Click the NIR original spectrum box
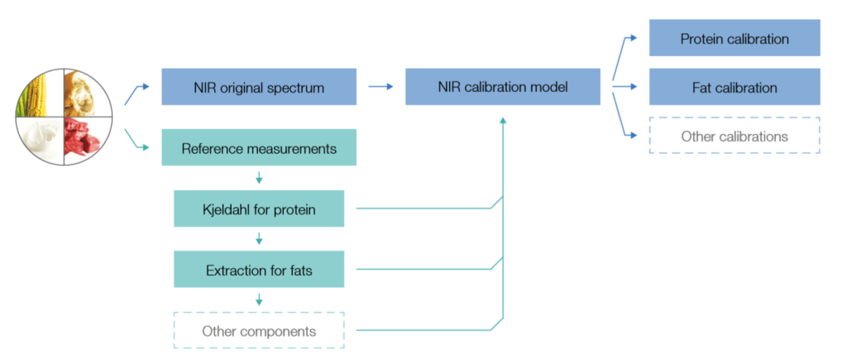pos(259,87)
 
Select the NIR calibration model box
pos(503,87)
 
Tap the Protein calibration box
pos(735,39)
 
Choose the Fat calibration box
pos(735,87)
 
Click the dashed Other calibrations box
pos(735,136)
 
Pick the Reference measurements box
pos(259,149)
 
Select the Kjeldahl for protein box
pos(259,209)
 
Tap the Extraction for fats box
pos(259,270)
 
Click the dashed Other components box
pos(259,331)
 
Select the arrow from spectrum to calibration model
pos(380,86)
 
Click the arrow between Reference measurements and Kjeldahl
pos(259,178)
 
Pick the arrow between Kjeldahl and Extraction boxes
pos(259,239)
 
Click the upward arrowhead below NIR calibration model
pos(503,121)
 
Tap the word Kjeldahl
pos(225,209)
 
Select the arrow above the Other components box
pos(259,300)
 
